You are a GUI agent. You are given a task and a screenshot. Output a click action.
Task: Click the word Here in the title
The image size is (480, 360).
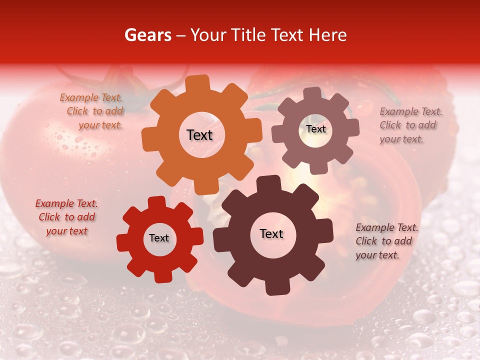328,35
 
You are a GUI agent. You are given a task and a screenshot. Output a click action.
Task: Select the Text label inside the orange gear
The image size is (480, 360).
199,135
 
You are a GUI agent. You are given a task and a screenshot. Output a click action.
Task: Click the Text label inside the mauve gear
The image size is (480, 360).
315,129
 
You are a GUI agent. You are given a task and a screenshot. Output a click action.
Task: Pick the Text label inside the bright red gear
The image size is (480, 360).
159,238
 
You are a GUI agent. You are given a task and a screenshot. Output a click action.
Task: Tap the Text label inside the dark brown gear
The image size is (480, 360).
271,233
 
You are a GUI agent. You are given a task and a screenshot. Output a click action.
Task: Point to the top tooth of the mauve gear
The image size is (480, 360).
312,94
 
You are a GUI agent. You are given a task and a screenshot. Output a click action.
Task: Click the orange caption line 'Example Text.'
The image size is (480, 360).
91,97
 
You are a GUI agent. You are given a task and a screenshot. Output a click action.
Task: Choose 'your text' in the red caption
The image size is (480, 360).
66,231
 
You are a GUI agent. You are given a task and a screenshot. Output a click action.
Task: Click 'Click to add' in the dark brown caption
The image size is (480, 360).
383,241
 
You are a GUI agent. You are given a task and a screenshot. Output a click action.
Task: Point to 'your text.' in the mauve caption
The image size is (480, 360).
401,139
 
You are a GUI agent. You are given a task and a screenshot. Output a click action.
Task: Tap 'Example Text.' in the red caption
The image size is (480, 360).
66,203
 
